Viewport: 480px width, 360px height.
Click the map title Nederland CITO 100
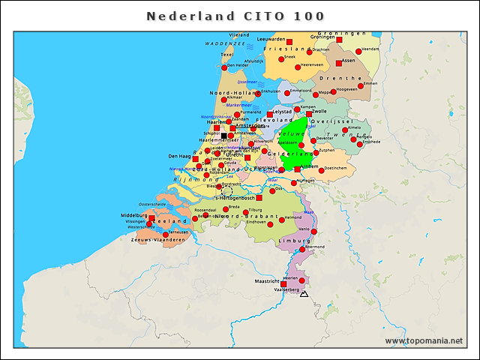[x=235, y=16]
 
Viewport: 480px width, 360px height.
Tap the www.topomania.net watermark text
[x=424, y=340]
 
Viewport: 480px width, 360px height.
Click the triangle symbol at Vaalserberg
[x=304, y=295]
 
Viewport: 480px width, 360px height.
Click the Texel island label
[x=227, y=54]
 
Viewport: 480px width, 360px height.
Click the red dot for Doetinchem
[x=321, y=170]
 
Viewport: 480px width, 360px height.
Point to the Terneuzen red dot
[x=166, y=235]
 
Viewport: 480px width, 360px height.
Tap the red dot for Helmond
[x=282, y=220]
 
